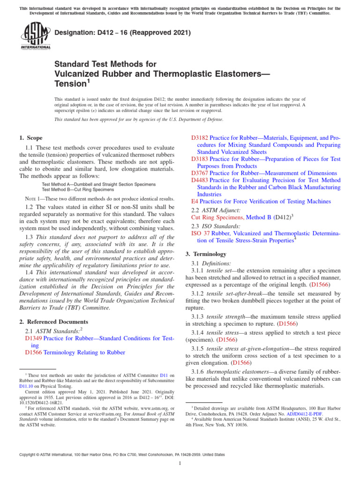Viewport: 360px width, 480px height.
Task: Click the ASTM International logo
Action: [x=36, y=37]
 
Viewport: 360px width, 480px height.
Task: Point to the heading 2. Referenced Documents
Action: [x=53, y=322]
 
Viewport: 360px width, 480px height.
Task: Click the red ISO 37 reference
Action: [x=201, y=233]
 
